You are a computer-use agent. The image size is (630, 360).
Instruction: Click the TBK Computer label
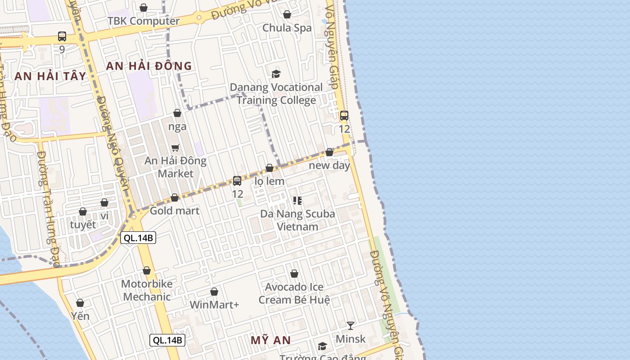coord(144,21)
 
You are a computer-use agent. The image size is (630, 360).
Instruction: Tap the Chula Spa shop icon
coord(287,14)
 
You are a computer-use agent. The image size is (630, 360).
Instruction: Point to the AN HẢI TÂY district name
coord(50,76)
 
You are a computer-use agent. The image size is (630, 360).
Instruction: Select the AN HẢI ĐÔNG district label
coord(149,66)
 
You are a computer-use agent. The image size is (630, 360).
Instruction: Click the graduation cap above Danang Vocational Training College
coord(276,74)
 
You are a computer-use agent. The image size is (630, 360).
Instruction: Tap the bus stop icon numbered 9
coord(62,36)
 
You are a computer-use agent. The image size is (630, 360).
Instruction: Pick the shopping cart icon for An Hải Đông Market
coord(175,148)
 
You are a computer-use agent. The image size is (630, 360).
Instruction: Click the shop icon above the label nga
coord(177,113)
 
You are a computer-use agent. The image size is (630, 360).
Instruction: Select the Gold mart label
coord(175,211)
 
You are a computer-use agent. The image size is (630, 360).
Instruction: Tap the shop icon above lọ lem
coord(270,168)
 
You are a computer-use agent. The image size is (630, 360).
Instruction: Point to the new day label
coord(329,166)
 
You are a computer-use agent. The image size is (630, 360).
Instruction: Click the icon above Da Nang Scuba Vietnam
coord(297,200)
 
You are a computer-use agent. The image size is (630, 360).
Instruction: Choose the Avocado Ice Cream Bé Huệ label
coord(294,293)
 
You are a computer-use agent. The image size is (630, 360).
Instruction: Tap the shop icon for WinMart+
coord(214,292)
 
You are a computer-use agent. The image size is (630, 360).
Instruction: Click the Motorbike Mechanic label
coord(147,290)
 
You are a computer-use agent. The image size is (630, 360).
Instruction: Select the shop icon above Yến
coord(80,303)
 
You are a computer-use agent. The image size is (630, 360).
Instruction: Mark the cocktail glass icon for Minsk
coord(351,325)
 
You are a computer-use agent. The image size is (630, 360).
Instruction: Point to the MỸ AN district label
coord(270,340)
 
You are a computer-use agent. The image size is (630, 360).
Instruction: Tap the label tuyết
coord(83,225)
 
